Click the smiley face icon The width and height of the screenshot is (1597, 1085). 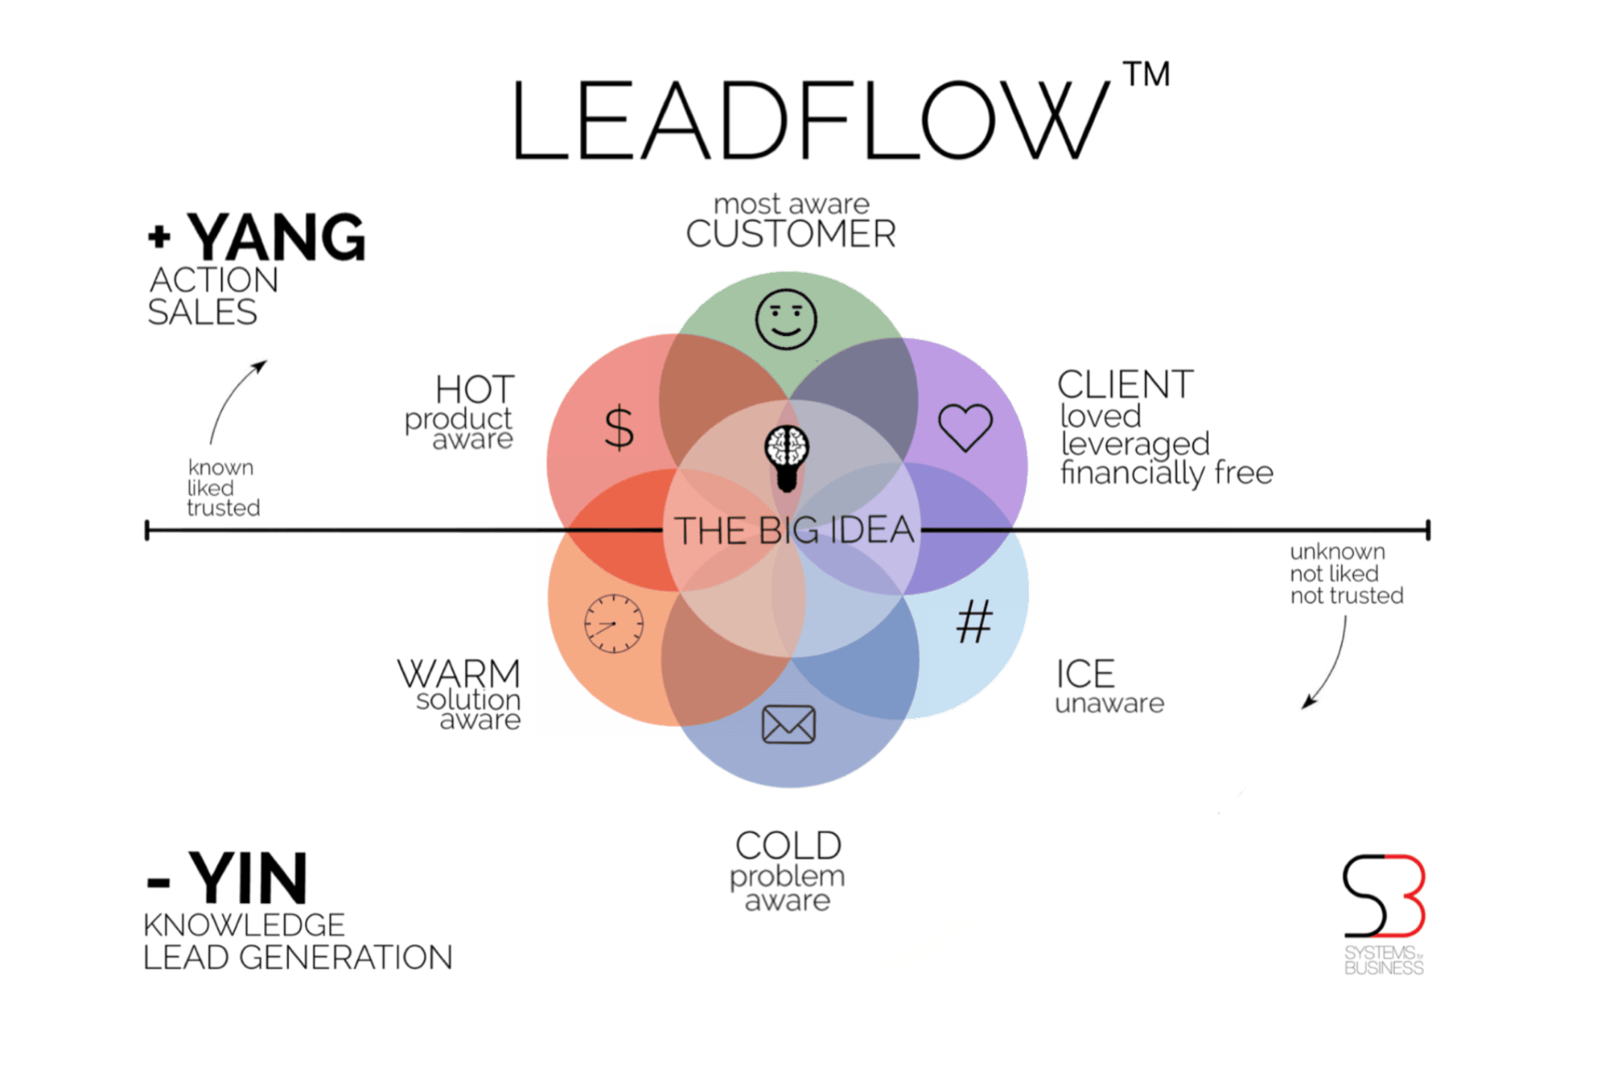tap(786, 320)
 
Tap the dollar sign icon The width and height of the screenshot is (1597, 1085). tap(619, 427)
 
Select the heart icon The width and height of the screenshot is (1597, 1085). tap(966, 427)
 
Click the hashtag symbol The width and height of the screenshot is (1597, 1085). tap(974, 622)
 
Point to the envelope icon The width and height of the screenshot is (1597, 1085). tap(788, 724)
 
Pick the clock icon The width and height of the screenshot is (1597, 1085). tap(614, 624)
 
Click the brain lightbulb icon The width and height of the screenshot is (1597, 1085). tap(787, 458)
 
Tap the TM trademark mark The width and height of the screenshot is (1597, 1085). tap(1147, 75)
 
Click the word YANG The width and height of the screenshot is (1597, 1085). tap(276, 237)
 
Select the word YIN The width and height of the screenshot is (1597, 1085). tap(248, 879)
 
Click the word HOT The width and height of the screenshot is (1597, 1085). tap(475, 390)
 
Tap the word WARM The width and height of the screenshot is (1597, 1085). tap(459, 674)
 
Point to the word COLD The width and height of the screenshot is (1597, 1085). tap(788, 846)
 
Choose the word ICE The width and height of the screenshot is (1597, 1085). tap(1085, 675)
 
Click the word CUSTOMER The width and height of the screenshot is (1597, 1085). tap(791, 235)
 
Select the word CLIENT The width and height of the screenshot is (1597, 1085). tap(1126, 385)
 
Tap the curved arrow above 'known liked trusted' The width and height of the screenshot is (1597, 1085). tap(236, 400)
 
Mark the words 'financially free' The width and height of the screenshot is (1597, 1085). tap(1167, 473)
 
